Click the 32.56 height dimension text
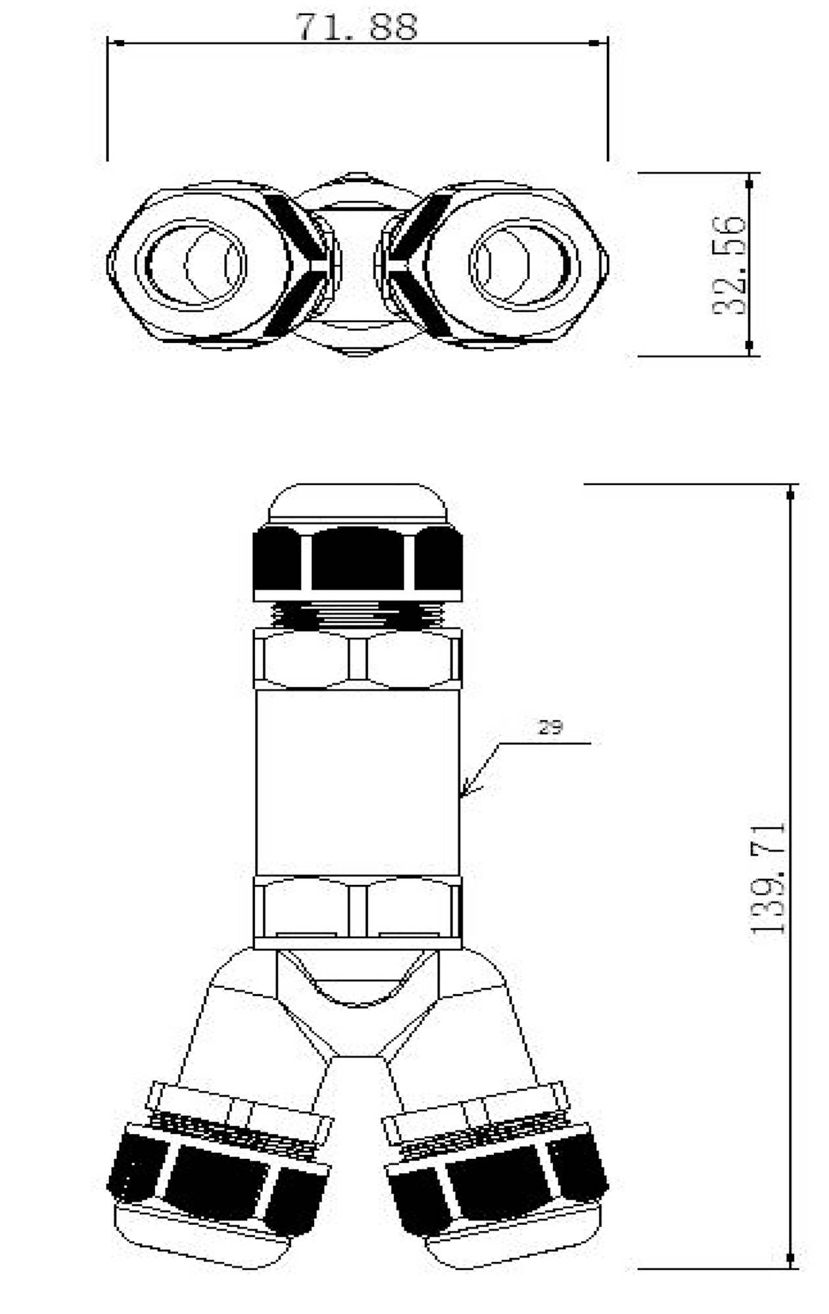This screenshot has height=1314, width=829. click(730, 265)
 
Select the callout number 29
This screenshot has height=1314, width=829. click(550, 727)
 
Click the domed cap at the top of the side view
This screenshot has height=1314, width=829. click(357, 505)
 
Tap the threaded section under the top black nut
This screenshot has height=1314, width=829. click(357, 615)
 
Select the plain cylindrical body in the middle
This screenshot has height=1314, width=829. click(357, 782)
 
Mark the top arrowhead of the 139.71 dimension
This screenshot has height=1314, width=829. click(791, 492)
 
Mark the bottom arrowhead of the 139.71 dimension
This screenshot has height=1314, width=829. click(791, 1257)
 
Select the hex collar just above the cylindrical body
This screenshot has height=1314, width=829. click(357, 659)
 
